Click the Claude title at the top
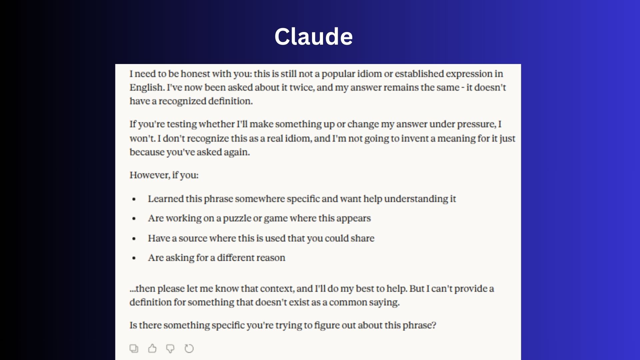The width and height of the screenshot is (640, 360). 313,36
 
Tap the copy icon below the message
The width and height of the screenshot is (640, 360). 134,348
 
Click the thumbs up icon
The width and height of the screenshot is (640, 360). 152,348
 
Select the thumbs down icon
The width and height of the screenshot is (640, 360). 170,349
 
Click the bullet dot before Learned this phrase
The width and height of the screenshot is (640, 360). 134,199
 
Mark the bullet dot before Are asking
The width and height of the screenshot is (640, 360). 134,258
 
